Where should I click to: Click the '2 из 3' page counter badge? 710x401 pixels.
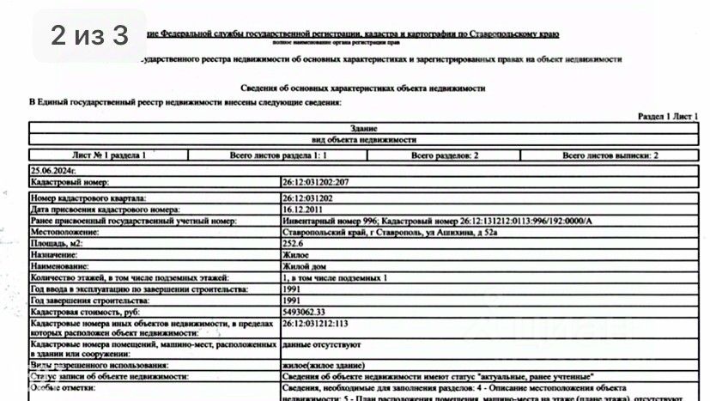coord(89,35)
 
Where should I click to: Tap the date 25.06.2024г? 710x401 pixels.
coord(53,172)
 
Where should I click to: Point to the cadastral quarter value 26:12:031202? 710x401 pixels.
coord(308,198)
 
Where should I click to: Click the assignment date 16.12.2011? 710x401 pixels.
coord(301,210)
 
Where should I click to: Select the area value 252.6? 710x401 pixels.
coord(294,244)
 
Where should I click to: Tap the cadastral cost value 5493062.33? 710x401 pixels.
coord(305,312)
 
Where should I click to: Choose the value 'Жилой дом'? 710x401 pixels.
coord(301,267)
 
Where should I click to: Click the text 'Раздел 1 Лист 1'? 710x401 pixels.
coord(671,115)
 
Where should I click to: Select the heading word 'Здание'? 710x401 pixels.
coord(364,127)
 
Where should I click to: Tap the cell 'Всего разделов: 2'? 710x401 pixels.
coord(445,155)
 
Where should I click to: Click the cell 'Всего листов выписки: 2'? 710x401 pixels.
coord(610,155)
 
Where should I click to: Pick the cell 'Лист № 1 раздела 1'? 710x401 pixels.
coord(109,155)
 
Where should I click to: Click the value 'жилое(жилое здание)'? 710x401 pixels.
coord(324,365)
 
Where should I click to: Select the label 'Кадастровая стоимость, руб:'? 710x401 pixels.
coord(84,312)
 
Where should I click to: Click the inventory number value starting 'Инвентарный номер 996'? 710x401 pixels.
coord(437,221)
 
